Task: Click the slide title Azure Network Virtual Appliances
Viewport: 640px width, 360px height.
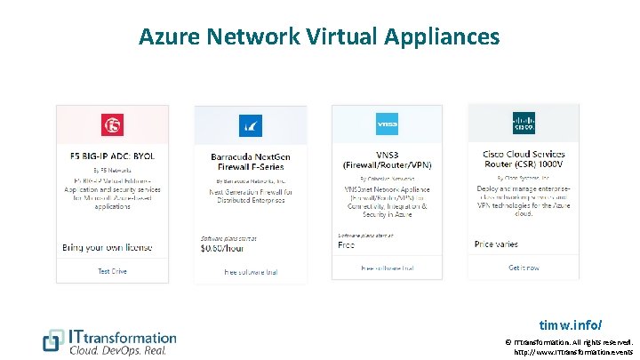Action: pyautogui.click(x=319, y=36)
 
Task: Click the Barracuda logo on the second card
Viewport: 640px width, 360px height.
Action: pyautogui.click(x=250, y=124)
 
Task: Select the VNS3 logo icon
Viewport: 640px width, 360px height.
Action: pyautogui.click(x=387, y=124)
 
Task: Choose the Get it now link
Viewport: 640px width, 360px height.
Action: pyautogui.click(x=524, y=268)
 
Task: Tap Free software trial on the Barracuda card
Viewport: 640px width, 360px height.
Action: pyautogui.click(x=250, y=271)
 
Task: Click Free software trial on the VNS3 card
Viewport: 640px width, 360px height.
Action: pyautogui.click(x=387, y=268)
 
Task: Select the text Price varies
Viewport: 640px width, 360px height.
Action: pyautogui.click(x=497, y=244)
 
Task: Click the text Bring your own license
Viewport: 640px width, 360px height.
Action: pyautogui.click(x=107, y=247)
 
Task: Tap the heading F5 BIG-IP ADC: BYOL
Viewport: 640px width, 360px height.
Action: pyautogui.click(x=111, y=156)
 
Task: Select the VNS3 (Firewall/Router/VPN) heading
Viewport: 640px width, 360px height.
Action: pyautogui.click(x=387, y=159)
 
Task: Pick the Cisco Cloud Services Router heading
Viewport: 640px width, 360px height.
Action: pyautogui.click(x=524, y=159)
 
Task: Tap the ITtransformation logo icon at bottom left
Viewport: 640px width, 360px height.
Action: pyautogui.click(x=54, y=341)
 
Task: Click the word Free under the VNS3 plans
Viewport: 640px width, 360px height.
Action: pyautogui.click(x=347, y=244)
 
